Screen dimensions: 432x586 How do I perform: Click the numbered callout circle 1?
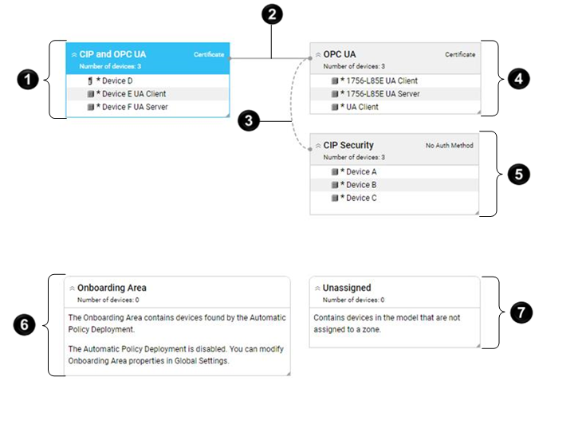pyautogui.click(x=28, y=80)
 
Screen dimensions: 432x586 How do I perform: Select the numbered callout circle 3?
pyautogui.click(x=250, y=121)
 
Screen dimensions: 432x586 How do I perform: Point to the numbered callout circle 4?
pyautogui.click(x=520, y=79)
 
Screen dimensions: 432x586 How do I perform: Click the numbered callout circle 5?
pyautogui.click(x=520, y=174)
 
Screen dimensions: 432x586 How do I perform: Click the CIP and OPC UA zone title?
pyautogui.click(x=112, y=54)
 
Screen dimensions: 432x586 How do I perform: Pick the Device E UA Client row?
pyautogui.click(x=131, y=94)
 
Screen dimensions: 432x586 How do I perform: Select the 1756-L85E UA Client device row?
pyautogui.click(x=379, y=81)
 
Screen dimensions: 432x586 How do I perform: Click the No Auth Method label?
pyautogui.click(x=450, y=146)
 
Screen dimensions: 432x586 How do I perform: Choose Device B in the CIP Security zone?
pyautogui.click(x=360, y=185)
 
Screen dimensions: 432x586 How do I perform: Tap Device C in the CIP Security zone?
pyautogui.click(x=360, y=198)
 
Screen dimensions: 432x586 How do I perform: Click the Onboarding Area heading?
pyautogui.click(x=112, y=288)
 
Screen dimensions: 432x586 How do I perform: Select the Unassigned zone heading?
pyautogui.click(x=347, y=288)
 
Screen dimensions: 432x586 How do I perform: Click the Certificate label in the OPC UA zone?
pyautogui.click(x=460, y=55)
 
